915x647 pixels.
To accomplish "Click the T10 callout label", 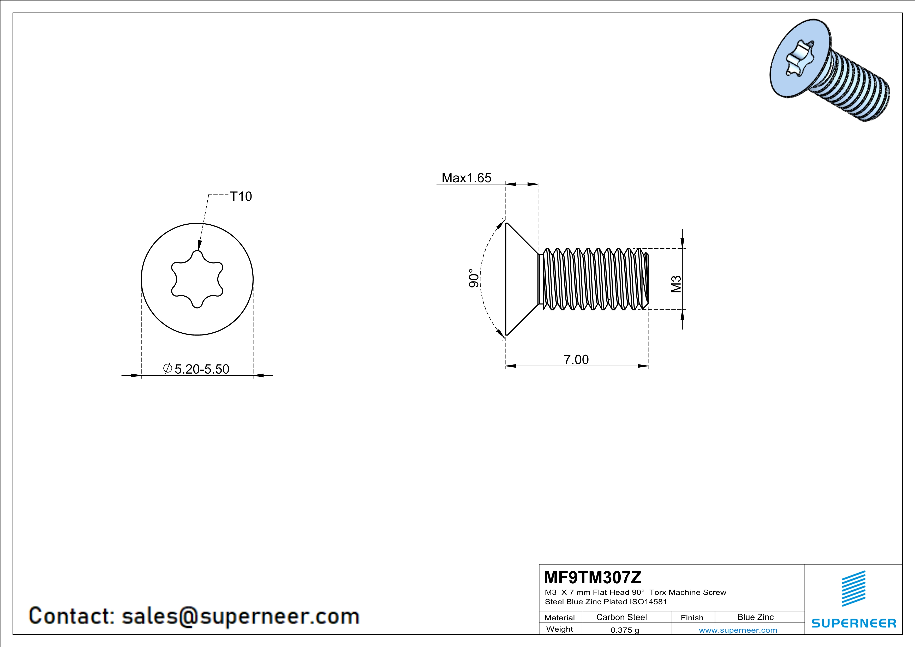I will click(x=241, y=196).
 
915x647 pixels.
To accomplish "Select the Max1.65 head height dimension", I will click(x=466, y=178).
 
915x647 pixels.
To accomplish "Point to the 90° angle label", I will click(x=474, y=278).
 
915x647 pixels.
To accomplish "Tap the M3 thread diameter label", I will click(x=676, y=284).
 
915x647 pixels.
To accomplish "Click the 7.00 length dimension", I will click(x=576, y=359).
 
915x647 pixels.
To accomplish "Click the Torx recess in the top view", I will click(x=197, y=279).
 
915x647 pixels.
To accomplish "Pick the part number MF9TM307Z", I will click(x=593, y=577).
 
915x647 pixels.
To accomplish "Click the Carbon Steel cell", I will click(x=621, y=617).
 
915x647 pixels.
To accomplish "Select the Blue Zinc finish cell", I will click(x=755, y=617).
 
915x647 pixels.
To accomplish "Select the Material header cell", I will click(x=560, y=618).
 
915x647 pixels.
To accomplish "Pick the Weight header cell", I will click(x=560, y=629).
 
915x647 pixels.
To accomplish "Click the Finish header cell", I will click(x=692, y=618).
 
